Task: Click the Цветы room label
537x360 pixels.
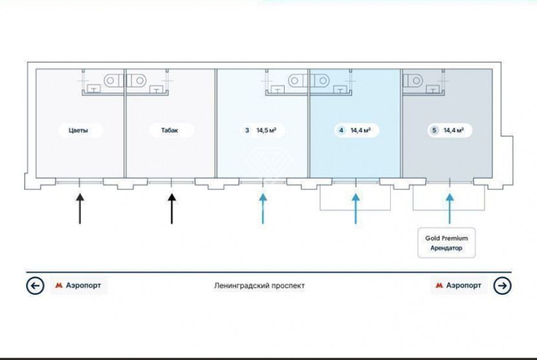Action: pos(78,130)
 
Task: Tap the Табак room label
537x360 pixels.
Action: pos(170,130)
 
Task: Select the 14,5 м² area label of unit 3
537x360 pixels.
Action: pos(267,130)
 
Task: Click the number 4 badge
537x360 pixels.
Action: pos(341,130)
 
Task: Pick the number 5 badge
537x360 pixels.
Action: pos(434,130)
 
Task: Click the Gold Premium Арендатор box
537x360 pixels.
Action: pos(446,243)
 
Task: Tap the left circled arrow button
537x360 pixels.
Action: pos(35,286)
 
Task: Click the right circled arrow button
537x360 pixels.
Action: pos(502,286)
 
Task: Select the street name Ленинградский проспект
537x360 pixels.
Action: pos(259,286)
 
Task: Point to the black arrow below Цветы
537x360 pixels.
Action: pos(80,208)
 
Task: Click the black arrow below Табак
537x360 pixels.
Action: pos(171,208)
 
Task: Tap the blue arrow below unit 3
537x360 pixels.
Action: pos(263,208)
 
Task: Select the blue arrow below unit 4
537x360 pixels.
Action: pos(356,208)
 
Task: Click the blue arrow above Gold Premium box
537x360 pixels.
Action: pos(450,208)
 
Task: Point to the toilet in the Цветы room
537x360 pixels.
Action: pos(114,80)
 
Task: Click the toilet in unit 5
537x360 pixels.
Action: pos(413,81)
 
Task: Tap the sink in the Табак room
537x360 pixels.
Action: pos(157,89)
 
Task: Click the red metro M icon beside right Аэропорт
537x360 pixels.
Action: pos(439,286)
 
